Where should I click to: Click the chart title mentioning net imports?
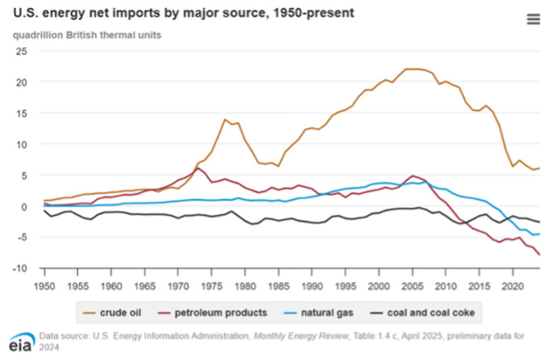[183, 14]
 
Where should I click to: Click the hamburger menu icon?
[533, 19]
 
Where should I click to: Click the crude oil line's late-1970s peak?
[225, 120]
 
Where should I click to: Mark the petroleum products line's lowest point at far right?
[540, 255]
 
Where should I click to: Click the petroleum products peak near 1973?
[199, 168]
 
